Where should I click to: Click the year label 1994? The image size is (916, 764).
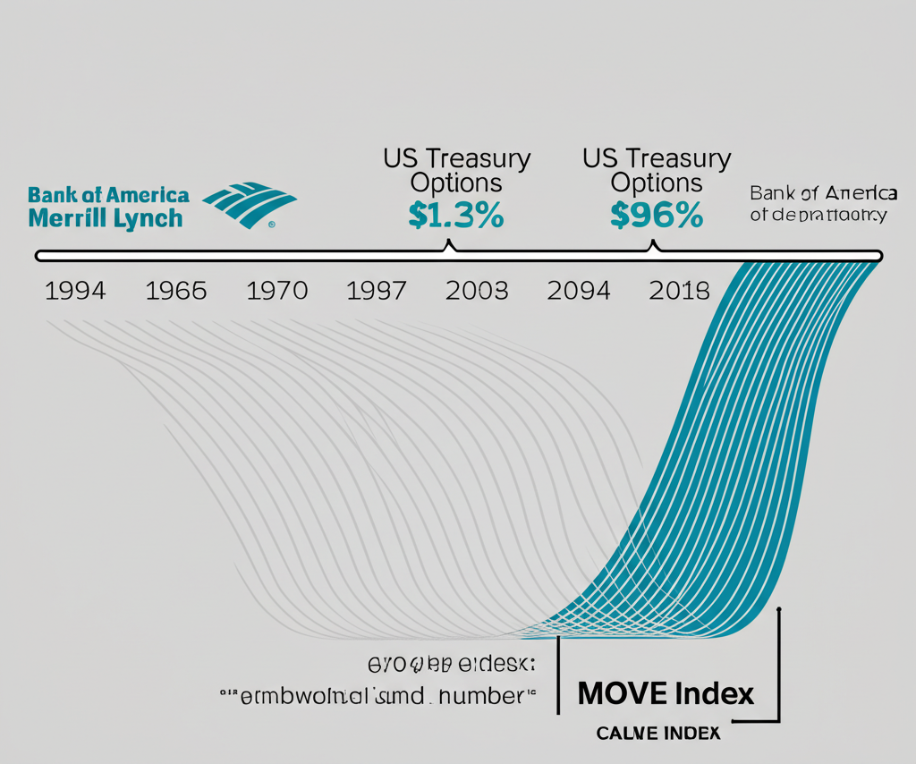pyautogui.click(x=75, y=291)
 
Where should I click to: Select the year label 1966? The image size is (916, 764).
pyautogui.click(x=175, y=291)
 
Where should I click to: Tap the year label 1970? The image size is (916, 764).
pyautogui.click(x=277, y=291)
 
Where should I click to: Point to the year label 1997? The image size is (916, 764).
pyautogui.click(x=377, y=291)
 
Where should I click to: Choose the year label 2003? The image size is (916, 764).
pyautogui.click(x=477, y=291)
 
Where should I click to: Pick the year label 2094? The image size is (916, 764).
pyautogui.click(x=579, y=291)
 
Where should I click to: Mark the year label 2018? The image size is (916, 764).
pyautogui.click(x=679, y=291)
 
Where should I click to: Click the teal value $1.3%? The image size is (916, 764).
pyautogui.click(x=455, y=216)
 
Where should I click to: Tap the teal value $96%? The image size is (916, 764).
pyautogui.click(x=656, y=216)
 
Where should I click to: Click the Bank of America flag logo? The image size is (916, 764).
pyautogui.click(x=250, y=205)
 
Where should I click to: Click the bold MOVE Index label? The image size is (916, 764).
pyautogui.click(x=666, y=692)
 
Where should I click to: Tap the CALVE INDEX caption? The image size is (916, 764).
pyautogui.click(x=657, y=734)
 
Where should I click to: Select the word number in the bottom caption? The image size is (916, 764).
pyautogui.click(x=480, y=694)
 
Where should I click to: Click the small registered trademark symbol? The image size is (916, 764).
pyautogui.click(x=271, y=225)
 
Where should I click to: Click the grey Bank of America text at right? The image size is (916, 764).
pyautogui.click(x=823, y=193)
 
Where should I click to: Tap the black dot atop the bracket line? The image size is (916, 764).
pyautogui.click(x=780, y=610)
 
